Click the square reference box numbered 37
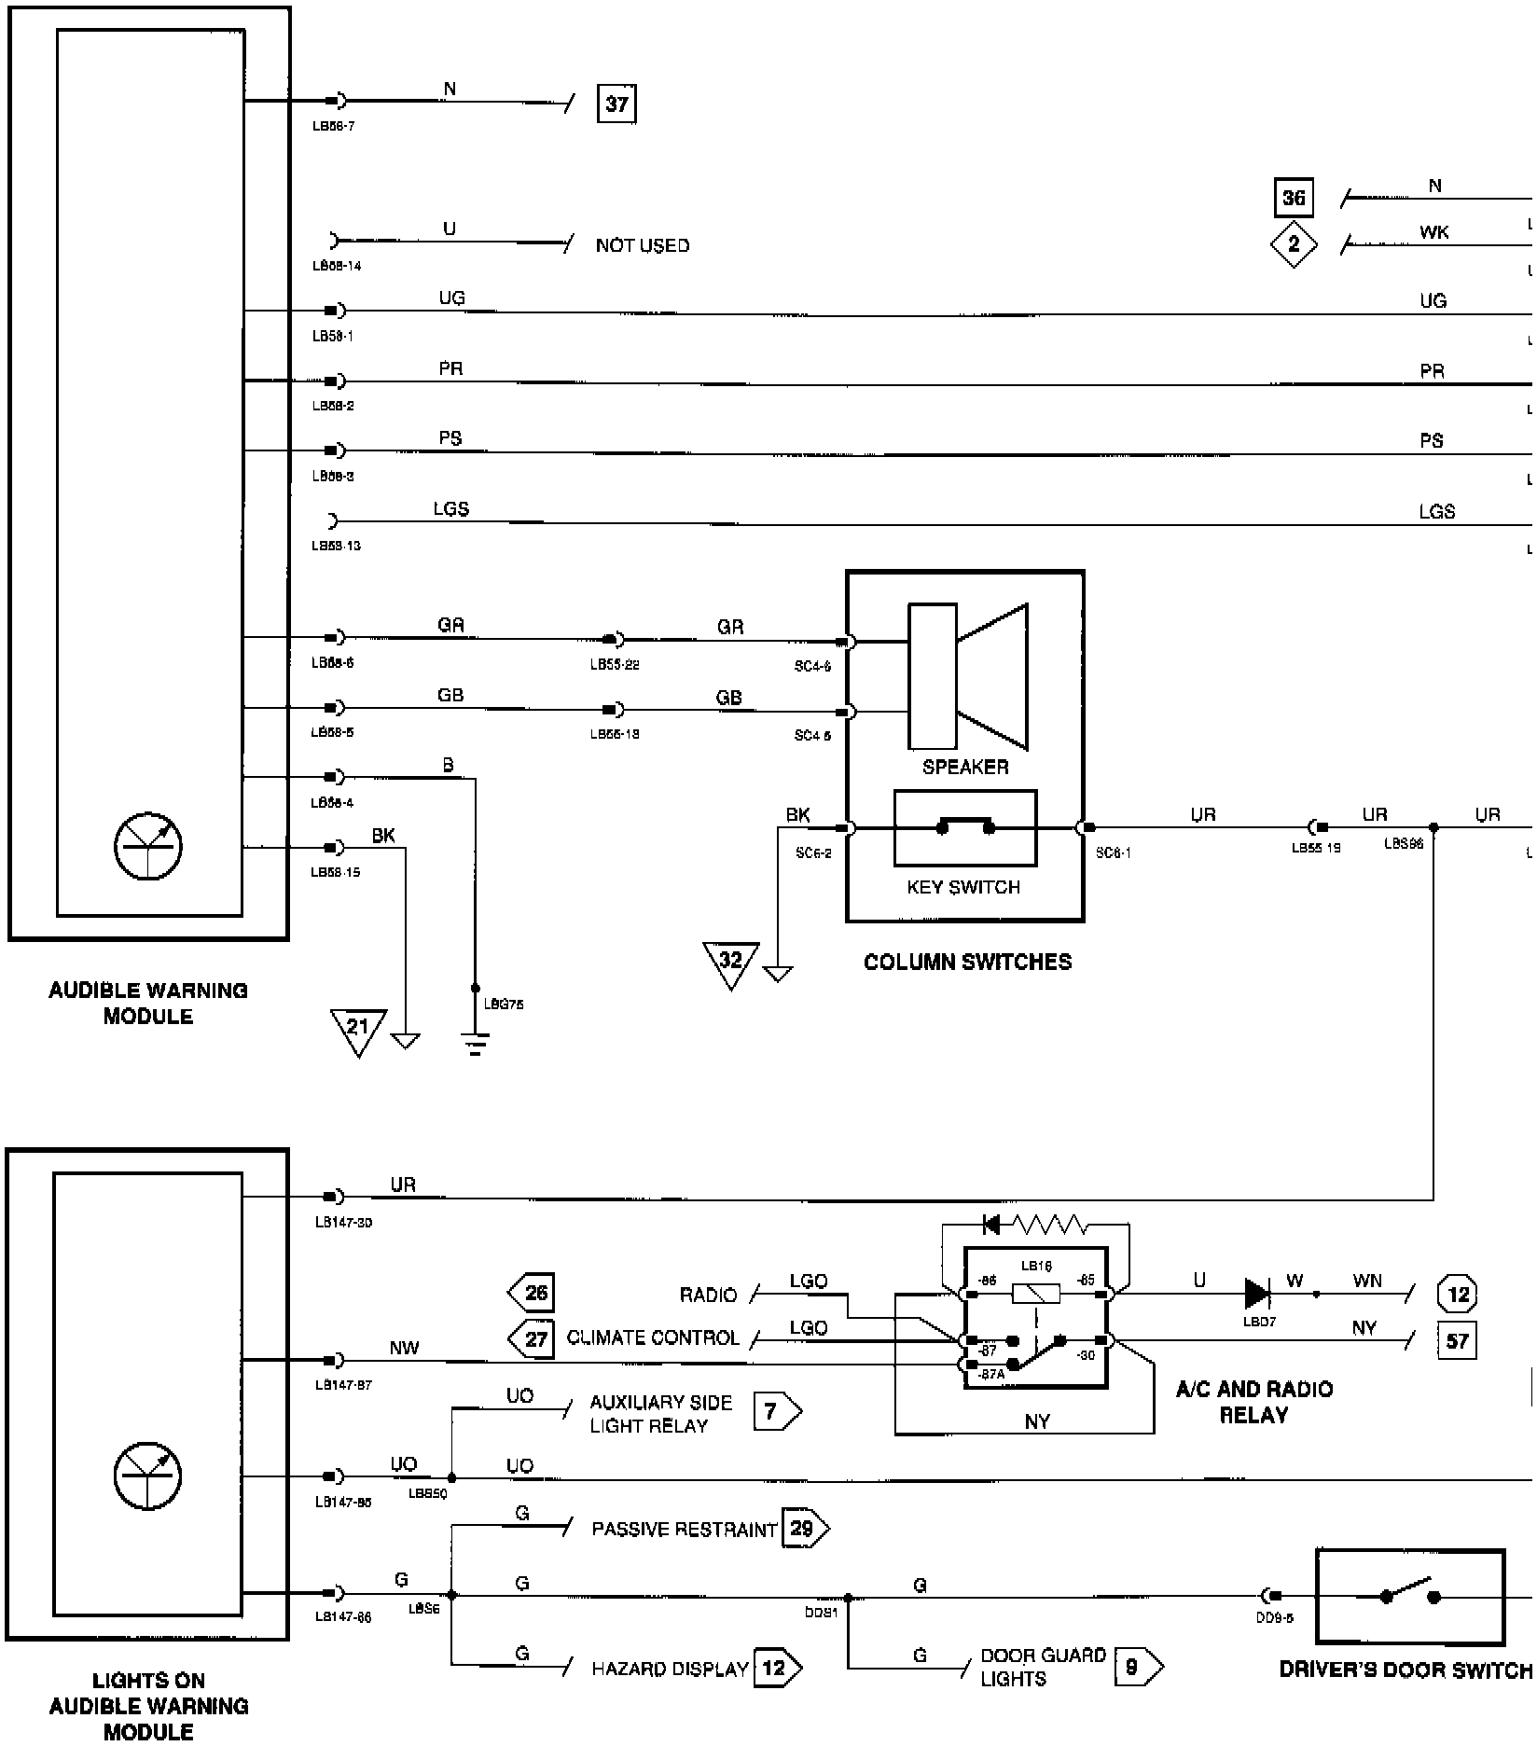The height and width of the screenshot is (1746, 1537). [616, 104]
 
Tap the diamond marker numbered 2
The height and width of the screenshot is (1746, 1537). [1293, 244]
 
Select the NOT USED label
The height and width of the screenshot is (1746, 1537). [643, 245]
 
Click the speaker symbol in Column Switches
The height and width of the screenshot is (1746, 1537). [968, 676]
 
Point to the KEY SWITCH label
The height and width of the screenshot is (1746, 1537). [963, 887]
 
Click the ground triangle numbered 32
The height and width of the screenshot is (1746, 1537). [730, 962]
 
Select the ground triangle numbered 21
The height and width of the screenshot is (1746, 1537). [358, 1029]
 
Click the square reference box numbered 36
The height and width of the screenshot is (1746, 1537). [1293, 198]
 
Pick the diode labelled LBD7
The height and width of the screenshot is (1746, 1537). [1257, 1294]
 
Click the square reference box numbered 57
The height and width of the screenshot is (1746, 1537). [1457, 1341]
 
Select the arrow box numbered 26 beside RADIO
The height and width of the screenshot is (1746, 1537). [532, 1293]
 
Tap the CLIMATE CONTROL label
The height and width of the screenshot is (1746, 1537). [653, 1338]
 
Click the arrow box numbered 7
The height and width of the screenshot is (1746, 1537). [776, 1411]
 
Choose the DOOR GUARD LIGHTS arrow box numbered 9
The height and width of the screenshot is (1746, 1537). [1138, 1667]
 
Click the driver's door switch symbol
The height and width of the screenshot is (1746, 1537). [1409, 1596]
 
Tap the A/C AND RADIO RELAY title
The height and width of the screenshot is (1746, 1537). [1253, 1402]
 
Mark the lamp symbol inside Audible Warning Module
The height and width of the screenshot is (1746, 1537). [147, 847]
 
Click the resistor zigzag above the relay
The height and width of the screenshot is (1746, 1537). [1049, 1223]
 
